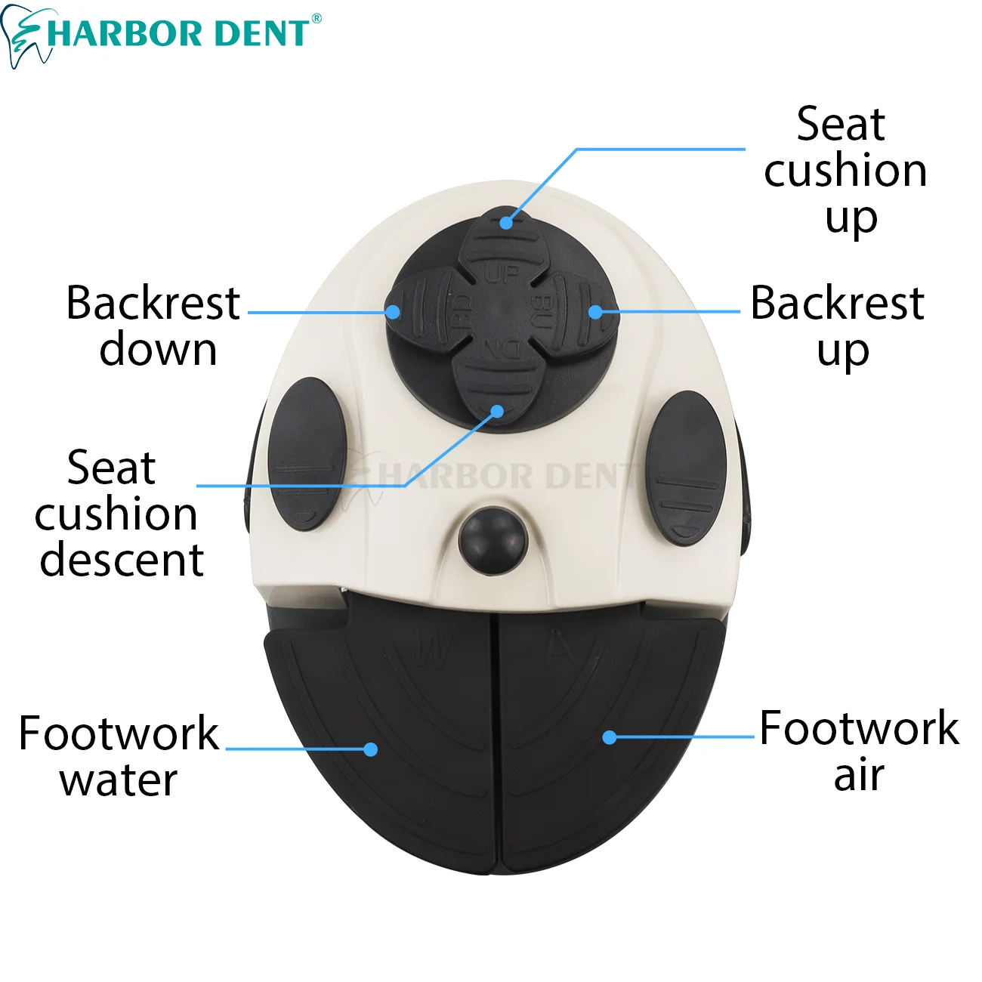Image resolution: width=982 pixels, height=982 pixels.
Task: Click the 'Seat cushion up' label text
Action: [845, 171]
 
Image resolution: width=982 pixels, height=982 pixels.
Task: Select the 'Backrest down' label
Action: [153, 326]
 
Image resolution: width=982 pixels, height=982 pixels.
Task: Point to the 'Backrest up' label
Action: [838, 326]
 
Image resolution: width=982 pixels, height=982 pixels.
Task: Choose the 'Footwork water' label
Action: [119, 756]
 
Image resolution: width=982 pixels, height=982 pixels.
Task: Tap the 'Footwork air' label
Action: [859, 751]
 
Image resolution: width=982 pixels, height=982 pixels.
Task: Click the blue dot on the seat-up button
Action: [506, 223]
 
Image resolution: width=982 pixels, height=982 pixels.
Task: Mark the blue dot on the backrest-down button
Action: [392, 312]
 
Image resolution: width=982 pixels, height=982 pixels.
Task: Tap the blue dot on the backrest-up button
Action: [596, 311]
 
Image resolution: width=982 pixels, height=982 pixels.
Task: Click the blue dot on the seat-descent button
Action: [497, 411]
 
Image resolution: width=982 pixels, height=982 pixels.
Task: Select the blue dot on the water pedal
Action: [370, 749]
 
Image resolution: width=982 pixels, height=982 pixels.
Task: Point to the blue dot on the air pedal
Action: [610, 736]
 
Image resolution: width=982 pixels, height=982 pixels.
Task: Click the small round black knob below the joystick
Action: [492, 540]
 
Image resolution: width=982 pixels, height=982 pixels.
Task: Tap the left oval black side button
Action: [307, 453]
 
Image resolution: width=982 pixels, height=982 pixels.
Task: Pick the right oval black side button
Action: [686, 468]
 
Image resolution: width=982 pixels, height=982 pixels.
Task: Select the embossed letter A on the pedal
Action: [561, 648]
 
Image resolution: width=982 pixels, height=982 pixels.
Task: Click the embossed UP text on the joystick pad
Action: [502, 273]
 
